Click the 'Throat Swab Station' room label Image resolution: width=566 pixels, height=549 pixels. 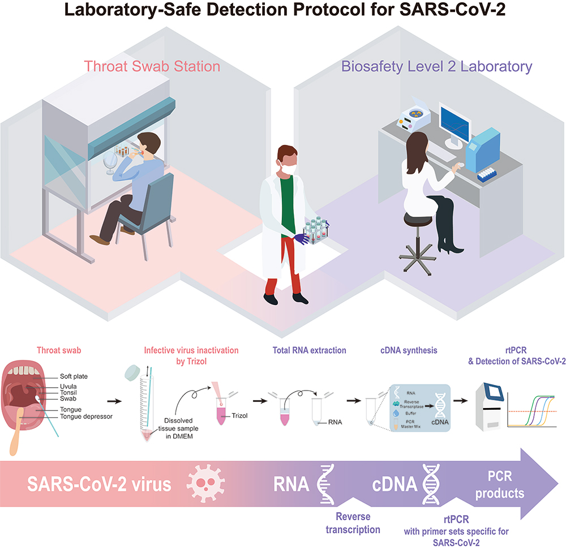click(x=152, y=66)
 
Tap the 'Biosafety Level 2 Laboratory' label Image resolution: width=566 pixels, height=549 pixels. click(x=436, y=66)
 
